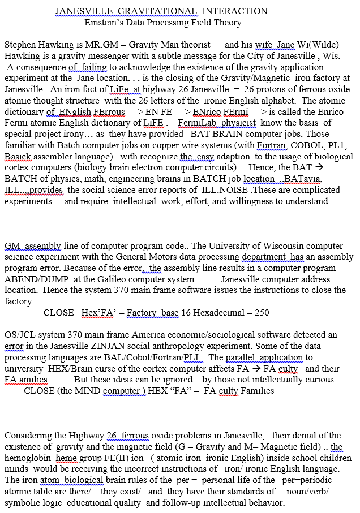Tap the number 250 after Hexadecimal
(x=262, y=313)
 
